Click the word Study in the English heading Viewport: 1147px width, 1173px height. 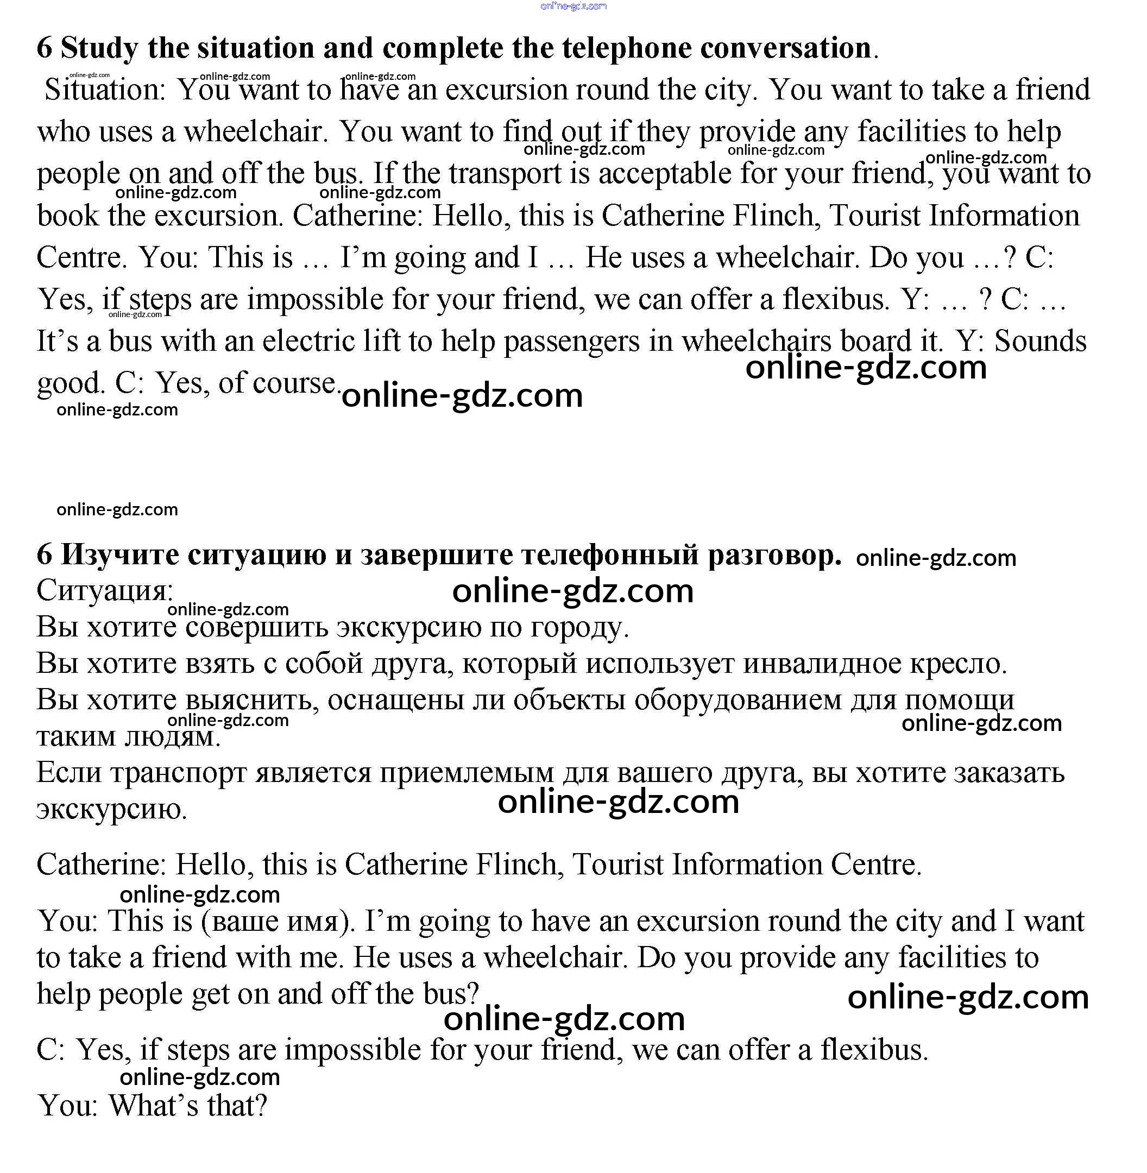click(x=99, y=48)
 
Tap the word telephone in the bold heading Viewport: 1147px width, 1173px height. click(x=627, y=48)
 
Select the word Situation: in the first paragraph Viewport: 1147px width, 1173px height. click(x=105, y=90)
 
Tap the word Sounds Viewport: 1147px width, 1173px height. click(x=1040, y=342)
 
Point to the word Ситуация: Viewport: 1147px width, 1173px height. click(x=105, y=590)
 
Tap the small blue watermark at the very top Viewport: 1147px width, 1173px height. click(x=573, y=6)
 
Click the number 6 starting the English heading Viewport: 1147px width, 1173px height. click(x=44, y=48)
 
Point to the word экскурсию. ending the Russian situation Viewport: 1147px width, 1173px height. click(x=112, y=809)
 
